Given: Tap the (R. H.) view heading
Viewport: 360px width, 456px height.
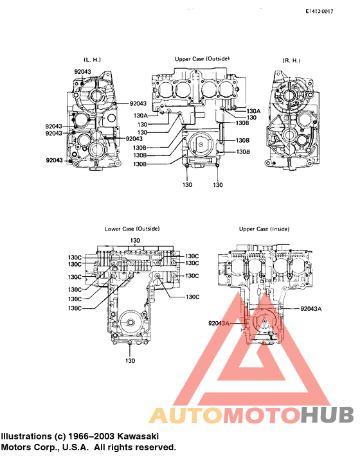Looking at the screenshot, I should click(291, 60).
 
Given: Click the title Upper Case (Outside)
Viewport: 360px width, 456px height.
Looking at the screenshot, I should click(202, 58).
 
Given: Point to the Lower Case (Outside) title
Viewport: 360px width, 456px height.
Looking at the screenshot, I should click(132, 229).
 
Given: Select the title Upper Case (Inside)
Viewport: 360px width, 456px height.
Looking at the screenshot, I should click(264, 229).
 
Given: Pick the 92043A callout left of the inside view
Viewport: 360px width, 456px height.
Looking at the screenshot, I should click(219, 322).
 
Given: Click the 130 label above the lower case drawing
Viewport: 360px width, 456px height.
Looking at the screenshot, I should click(135, 240).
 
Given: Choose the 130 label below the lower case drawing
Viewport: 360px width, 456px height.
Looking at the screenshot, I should click(130, 360).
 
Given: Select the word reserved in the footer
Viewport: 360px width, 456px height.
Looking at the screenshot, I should click(155, 447).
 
